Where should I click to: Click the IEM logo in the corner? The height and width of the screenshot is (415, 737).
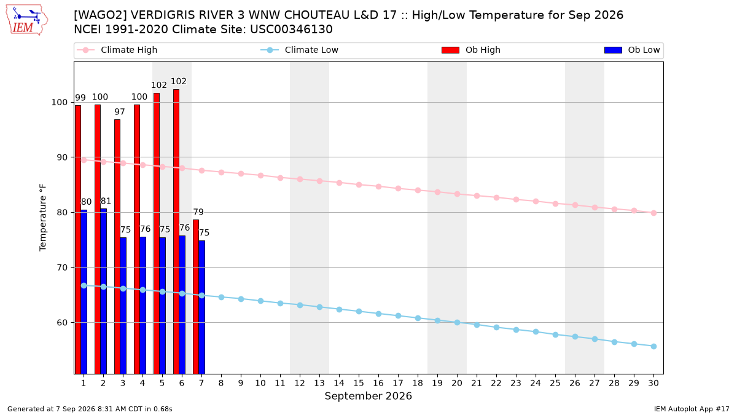click(27, 20)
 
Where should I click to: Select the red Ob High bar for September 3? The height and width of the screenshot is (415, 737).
click(117, 247)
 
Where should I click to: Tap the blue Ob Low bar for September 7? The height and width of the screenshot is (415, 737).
click(201, 307)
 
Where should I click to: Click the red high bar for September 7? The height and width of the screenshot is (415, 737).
click(196, 296)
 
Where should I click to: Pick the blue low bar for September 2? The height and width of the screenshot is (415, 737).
click(103, 291)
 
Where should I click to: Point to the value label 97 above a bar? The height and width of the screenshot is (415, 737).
click(119, 112)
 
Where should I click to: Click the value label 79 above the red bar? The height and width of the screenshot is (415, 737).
click(198, 212)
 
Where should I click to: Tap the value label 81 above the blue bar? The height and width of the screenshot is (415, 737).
click(106, 201)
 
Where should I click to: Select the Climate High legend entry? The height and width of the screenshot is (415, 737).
click(117, 50)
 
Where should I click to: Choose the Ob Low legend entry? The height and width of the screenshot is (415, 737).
click(632, 50)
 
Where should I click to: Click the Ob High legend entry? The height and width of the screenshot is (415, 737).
click(471, 50)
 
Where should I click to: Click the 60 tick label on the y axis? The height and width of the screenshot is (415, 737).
click(62, 323)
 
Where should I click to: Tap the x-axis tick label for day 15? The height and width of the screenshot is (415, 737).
click(359, 383)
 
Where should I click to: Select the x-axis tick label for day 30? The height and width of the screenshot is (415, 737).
click(653, 383)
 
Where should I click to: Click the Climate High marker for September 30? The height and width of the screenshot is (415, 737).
click(653, 213)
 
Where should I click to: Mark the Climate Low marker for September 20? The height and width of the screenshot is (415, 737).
click(457, 322)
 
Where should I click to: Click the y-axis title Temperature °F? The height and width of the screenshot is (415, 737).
click(43, 218)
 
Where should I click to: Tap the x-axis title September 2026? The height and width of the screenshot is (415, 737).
click(368, 396)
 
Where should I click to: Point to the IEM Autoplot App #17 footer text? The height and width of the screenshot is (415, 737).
click(692, 409)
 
